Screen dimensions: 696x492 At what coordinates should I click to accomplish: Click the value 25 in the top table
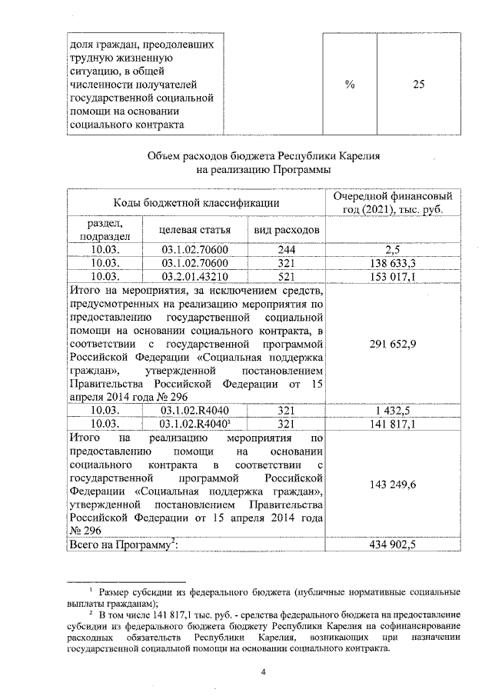coord(418,85)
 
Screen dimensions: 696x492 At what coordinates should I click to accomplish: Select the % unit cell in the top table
coord(349,85)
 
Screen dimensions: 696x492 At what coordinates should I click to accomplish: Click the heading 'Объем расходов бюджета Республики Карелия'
coord(264,155)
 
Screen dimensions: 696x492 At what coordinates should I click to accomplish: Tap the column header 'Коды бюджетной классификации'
coord(196,202)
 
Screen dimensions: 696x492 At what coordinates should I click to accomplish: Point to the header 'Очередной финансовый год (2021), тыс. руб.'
coord(392,202)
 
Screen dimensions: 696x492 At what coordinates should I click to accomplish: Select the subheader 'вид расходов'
coord(283,229)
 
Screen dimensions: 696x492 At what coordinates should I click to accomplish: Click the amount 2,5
coord(392,250)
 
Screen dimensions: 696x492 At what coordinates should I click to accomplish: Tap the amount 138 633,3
coord(392,263)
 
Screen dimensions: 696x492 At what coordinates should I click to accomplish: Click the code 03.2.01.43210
coord(194,276)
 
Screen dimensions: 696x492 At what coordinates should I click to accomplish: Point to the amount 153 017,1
coord(392,276)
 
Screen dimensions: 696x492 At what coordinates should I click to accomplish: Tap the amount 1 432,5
coord(392,410)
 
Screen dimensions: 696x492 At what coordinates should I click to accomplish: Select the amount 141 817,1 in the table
coord(392,423)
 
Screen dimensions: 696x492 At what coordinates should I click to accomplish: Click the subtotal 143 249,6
coord(392,485)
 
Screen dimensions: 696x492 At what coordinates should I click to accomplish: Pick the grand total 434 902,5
coord(392,544)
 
